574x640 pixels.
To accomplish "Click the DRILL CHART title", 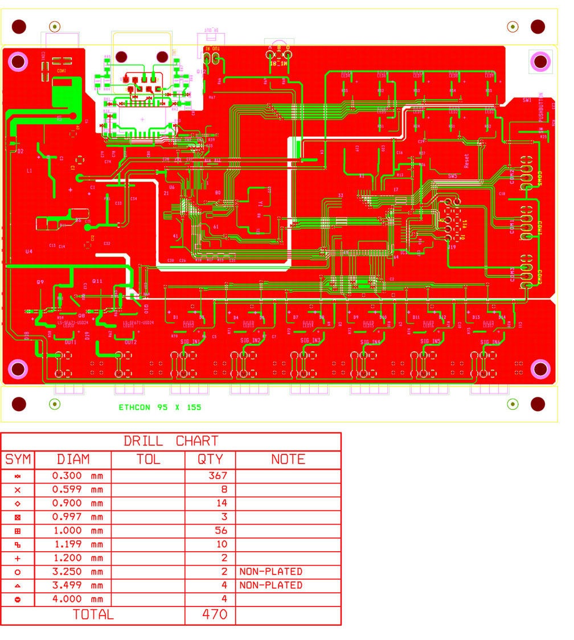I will pyautogui.click(x=171, y=441).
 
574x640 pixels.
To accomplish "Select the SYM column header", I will pyautogui.click(x=18, y=460).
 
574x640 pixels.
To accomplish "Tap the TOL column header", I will pyautogui.click(x=148, y=460).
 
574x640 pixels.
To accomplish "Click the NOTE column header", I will pyautogui.click(x=288, y=460).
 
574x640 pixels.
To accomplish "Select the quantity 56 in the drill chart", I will pyautogui.click(x=220, y=531).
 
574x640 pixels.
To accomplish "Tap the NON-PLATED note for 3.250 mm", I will pyautogui.click(x=271, y=572).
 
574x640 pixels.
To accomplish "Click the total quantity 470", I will pyautogui.click(x=215, y=615).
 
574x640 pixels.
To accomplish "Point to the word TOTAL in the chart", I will pyautogui.click(x=93, y=615).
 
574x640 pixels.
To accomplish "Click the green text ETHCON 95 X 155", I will pyautogui.click(x=160, y=408).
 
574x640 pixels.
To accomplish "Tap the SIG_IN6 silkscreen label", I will pyautogui.click(x=490, y=342).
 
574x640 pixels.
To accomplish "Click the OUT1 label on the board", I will pyautogui.click(x=71, y=343).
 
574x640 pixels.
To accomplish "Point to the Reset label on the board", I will pyautogui.click(x=467, y=161).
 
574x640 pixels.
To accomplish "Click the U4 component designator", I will pyautogui.click(x=29, y=251).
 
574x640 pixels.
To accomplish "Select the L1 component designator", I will pyautogui.click(x=30, y=171).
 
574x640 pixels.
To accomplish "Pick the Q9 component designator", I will pyautogui.click(x=40, y=282).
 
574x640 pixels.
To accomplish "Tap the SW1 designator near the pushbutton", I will pyautogui.click(x=527, y=100).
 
